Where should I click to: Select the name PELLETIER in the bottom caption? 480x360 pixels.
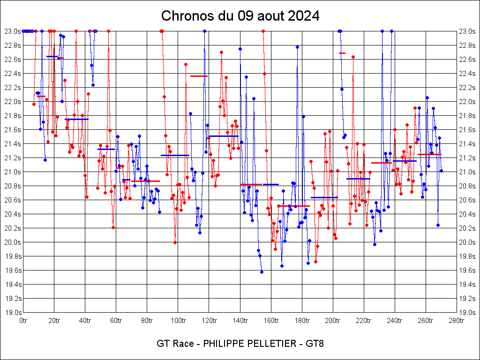[269, 344]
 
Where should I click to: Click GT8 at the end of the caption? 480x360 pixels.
[315, 344]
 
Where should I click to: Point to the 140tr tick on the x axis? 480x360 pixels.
[240, 321]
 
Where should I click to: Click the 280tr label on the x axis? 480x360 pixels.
[456, 321]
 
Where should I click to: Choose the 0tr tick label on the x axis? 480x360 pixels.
[23, 321]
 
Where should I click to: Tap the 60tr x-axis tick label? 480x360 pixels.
[116, 321]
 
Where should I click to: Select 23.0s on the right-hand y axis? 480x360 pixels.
[467, 31]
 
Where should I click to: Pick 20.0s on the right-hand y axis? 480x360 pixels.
[467, 242]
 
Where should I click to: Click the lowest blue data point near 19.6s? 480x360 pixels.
[262, 272]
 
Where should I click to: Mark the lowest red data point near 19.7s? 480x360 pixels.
[315, 262]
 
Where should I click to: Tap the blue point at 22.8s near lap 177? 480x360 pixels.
[297, 47]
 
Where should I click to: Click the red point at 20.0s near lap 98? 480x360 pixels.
[175, 242]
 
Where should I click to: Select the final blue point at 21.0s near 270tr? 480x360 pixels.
[441, 171]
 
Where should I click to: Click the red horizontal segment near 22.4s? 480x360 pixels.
[199, 76]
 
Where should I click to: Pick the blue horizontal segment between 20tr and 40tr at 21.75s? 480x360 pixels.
[76, 119]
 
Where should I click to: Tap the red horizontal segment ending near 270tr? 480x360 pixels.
[429, 154]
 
